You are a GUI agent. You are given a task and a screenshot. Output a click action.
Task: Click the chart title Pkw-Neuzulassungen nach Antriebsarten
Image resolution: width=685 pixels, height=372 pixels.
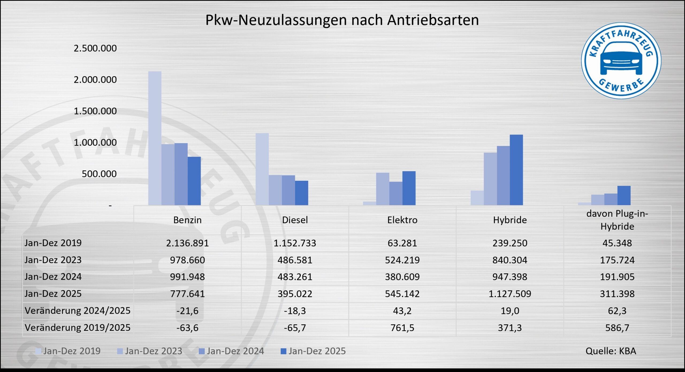342,20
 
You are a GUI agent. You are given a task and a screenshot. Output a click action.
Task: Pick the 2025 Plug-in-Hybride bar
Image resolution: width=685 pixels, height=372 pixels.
624,195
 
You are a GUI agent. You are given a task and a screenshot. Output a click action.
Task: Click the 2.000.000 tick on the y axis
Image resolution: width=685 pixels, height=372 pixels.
95,79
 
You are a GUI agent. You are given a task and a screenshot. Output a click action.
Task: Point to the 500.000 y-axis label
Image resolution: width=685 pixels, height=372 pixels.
99,174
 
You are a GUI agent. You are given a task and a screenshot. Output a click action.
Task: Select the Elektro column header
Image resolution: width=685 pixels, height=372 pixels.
402,220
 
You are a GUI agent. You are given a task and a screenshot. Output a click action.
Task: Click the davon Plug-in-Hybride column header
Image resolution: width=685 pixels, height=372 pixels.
617,220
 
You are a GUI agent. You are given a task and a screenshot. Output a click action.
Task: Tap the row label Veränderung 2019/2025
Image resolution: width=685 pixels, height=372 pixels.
78,328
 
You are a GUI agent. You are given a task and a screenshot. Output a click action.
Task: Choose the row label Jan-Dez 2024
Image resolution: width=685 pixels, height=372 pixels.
53,277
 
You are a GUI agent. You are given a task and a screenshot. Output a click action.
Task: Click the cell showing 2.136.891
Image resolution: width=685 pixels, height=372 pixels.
187,243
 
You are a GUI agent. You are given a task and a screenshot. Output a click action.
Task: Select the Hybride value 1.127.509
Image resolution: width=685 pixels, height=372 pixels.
510,294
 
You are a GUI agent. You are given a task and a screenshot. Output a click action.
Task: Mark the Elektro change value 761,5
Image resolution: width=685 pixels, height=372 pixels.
402,328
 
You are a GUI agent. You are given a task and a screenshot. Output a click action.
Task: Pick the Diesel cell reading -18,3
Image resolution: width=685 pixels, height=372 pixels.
295,311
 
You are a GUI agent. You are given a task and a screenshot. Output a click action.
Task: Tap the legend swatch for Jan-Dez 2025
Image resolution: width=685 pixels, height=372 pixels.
283,351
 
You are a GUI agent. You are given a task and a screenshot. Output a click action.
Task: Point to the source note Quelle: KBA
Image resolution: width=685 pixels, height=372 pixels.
611,351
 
